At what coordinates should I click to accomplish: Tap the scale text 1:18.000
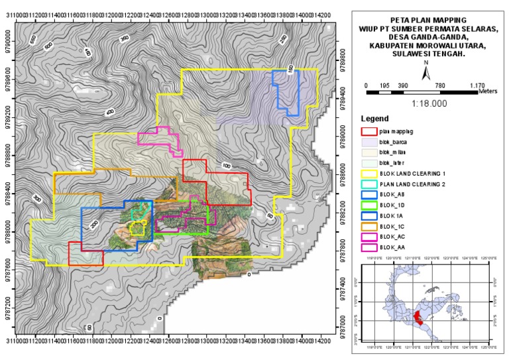coord(427,104)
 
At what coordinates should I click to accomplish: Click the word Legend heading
coord(374,118)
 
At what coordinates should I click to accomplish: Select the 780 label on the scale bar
coord(439,86)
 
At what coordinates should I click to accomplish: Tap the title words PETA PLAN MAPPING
coord(427,21)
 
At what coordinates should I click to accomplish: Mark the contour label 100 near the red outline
coord(227,166)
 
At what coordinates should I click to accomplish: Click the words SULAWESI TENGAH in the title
coord(427,55)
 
